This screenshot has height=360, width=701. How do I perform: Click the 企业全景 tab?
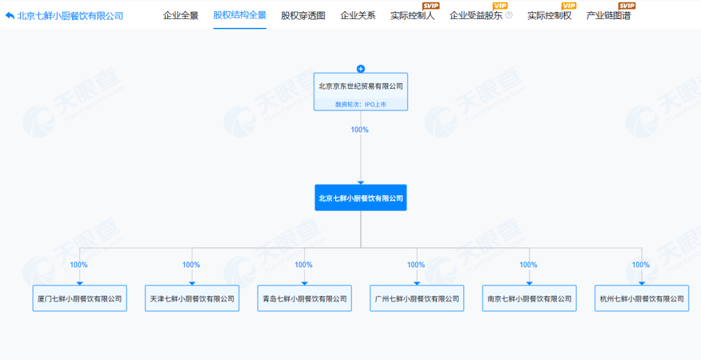click(x=180, y=16)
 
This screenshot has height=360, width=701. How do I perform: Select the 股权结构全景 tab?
click(x=240, y=15)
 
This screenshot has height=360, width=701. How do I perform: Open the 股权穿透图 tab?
click(x=303, y=16)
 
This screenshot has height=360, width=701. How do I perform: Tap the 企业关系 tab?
click(x=358, y=16)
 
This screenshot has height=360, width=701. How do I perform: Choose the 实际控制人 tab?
click(x=412, y=16)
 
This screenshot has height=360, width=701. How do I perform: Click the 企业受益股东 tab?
click(x=476, y=16)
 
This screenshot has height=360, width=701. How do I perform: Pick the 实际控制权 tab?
click(x=549, y=16)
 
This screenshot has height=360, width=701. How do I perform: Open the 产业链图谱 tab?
click(x=608, y=16)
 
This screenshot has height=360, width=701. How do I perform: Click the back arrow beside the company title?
click(x=10, y=16)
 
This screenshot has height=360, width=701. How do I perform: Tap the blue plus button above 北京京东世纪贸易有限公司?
click(x=361, y=69)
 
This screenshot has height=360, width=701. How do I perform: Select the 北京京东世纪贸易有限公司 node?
click(x=361, y=91)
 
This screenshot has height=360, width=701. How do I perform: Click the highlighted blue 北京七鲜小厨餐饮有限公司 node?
click(x=361, y=198)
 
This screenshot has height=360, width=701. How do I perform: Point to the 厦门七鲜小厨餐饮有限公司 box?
click(x=80, y=298)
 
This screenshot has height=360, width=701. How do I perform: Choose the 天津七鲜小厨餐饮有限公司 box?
click(x=192, y=298)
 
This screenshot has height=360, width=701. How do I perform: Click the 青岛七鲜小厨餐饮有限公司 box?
click(x=304, y=298)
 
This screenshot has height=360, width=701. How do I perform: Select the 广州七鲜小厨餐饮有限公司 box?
click(x=417, y=298)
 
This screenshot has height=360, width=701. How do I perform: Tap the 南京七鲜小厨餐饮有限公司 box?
click(x=530, y=298)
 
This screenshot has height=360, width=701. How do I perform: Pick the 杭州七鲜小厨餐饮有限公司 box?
click(x=642, y=298)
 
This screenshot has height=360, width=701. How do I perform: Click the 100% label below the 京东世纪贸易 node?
click(x=360, y=130)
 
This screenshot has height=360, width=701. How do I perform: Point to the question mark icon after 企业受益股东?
click(x=509, y=15)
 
